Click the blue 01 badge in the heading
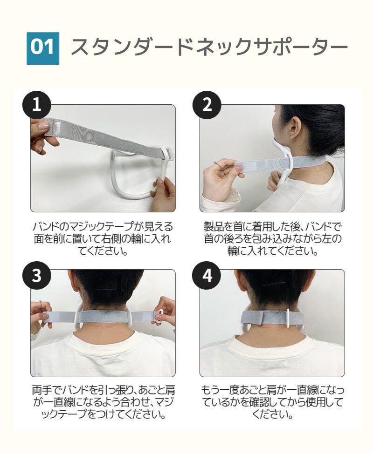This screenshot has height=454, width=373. click(x=43, y=48)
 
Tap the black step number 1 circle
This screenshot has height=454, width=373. click(x=37, y=105)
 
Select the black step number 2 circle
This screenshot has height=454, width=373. click(x=207, y=105)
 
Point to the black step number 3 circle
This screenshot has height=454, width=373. click(x=37, y=275)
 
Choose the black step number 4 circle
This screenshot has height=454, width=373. click(x=207, y=275)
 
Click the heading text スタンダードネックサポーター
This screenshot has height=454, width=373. click(x=209, y=47)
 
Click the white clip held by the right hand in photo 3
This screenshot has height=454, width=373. click(x=159, y=316)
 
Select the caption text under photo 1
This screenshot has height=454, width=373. click(x=103, y=238)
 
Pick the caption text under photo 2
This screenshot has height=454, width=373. click(x=273, y=238)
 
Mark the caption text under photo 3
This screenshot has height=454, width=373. click(x=103, y=402)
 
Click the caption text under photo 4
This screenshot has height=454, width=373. click(x=273, y=402)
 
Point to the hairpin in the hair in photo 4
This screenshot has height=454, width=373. click(x=276, y=284)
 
